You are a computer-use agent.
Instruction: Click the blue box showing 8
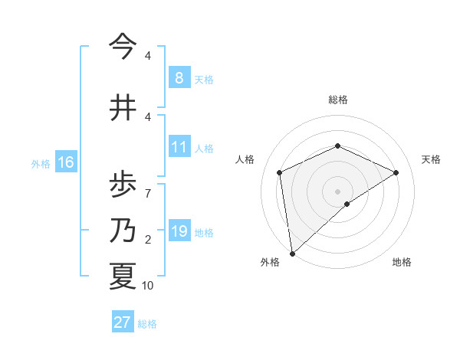179,77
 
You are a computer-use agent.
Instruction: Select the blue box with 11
179,146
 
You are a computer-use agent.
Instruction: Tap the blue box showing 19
179,231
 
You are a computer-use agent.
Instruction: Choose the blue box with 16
65,162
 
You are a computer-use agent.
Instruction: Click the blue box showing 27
122,322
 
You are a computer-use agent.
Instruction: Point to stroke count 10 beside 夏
147,286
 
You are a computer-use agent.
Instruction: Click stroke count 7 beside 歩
147,185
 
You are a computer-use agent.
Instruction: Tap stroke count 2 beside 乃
147,241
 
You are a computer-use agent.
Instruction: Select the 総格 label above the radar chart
337,100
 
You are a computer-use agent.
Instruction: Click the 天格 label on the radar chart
431,159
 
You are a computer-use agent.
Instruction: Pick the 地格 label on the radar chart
402,262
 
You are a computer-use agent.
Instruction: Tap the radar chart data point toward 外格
291,253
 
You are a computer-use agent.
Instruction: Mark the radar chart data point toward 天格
396,172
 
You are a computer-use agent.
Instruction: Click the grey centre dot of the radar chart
337,191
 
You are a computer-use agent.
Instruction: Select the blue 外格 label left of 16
40,163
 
